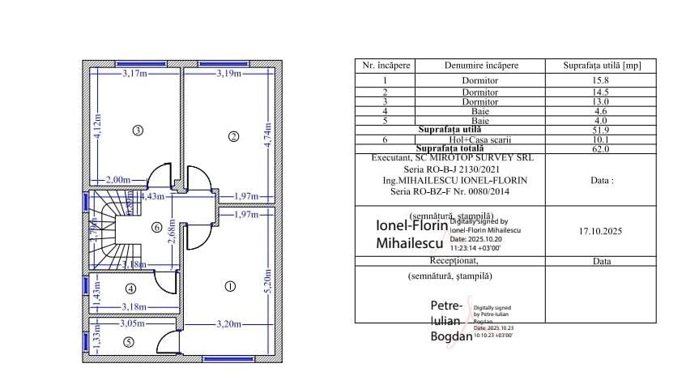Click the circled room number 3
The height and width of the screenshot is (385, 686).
(138, 130)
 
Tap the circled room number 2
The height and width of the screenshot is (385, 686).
(233, 136)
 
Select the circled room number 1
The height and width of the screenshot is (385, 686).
(229, 285)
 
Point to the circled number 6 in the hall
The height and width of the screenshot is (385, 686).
(157, 228)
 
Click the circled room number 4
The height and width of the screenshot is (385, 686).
(130, 288)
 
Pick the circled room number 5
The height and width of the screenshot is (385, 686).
(128, 342)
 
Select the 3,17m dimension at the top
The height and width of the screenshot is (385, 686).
(134, 74)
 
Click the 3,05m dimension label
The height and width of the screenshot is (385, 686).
(132, 323)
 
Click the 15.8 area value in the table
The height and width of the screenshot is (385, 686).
(600, 81)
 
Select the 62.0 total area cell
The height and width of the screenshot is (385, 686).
(600, 149)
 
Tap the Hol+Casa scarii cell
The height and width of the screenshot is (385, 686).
(480, 139)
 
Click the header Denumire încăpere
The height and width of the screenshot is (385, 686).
(481, 66)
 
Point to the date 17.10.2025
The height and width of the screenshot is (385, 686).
(601, 231)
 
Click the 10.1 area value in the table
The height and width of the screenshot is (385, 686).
(600, 139)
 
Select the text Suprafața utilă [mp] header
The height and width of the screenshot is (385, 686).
(600, 66)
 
